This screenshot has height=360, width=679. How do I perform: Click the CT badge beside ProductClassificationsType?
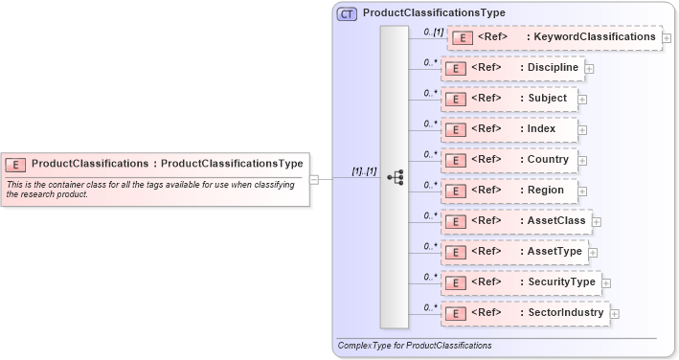click(347, 13)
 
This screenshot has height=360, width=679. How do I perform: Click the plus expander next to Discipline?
click(589, 69)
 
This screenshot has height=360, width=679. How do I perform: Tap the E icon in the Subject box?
click(458, 99)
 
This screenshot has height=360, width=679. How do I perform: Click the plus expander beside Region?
click(583, 191)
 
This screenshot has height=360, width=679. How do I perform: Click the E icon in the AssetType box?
click(458, 252)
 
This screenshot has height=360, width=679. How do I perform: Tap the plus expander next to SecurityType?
click(606, 282)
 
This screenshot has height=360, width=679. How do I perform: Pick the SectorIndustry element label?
click(565, 312)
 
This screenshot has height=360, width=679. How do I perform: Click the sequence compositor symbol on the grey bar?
click(395, 178)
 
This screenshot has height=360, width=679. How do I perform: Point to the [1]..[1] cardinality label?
click(364, 170)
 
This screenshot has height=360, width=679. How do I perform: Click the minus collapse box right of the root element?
click(326, 178)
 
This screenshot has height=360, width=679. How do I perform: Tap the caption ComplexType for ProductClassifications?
click(415, 344)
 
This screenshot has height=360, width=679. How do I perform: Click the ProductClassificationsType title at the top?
click(434, 13)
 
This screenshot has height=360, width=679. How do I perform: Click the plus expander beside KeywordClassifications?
click(667, 37)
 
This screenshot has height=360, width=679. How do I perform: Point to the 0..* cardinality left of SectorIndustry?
click(431, 306)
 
